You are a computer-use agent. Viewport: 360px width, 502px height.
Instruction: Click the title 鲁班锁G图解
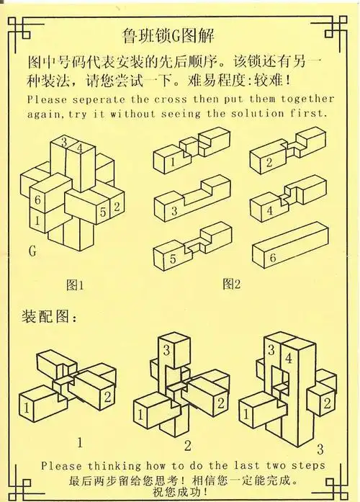[168, 35]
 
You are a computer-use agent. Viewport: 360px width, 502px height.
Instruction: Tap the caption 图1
[75, 284]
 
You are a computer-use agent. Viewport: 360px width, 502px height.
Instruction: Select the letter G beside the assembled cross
[32, 251]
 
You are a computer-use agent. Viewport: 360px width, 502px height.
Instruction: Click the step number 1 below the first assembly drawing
[80, 440]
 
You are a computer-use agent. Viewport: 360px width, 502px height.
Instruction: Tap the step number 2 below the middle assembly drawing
[186, 444]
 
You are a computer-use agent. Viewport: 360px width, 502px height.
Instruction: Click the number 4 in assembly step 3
[288, 357]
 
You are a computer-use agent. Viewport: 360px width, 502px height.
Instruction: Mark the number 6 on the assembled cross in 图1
[36, 199]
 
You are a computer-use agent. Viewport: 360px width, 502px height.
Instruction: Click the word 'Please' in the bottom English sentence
[61, 466]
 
